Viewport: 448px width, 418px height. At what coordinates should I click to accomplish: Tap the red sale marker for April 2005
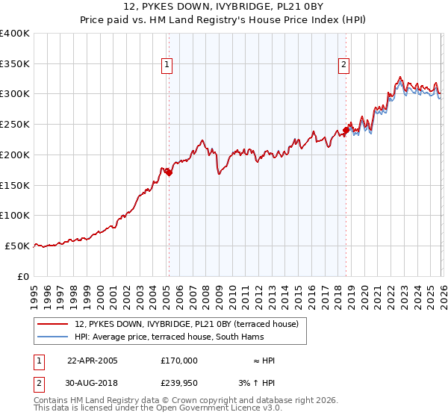[x=169, y=172]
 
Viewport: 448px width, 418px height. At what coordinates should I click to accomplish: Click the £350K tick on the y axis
[x=15, y=64]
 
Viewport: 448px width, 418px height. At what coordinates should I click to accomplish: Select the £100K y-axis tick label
[x=15, y=216]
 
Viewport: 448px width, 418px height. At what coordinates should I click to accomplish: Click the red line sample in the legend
[x=54, y=324]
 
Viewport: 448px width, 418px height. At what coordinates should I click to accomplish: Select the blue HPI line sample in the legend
[x=54, y=337]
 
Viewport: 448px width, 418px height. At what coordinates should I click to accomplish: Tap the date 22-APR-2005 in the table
[x=93, y=361]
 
